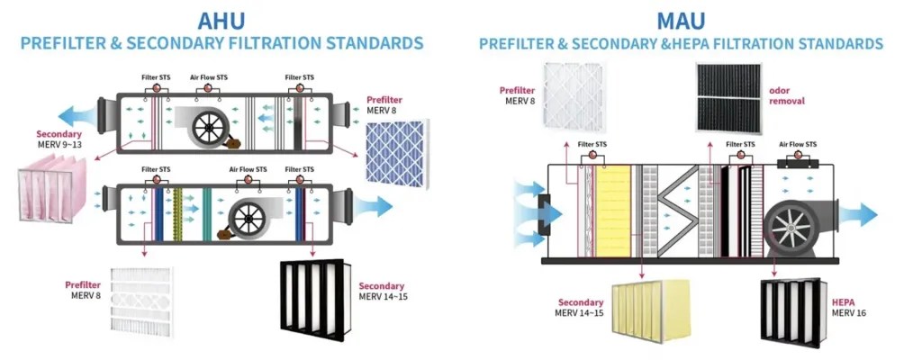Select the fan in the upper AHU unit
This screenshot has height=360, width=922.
pyautogui.click(x=207, y=129)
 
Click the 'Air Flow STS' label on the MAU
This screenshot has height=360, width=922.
pyautogui.click(x=797, y=144)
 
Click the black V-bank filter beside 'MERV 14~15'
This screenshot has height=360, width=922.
pyautogui.click(x=312, y=297)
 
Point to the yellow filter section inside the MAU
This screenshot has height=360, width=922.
pyautogui.click(x=614, y=211)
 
